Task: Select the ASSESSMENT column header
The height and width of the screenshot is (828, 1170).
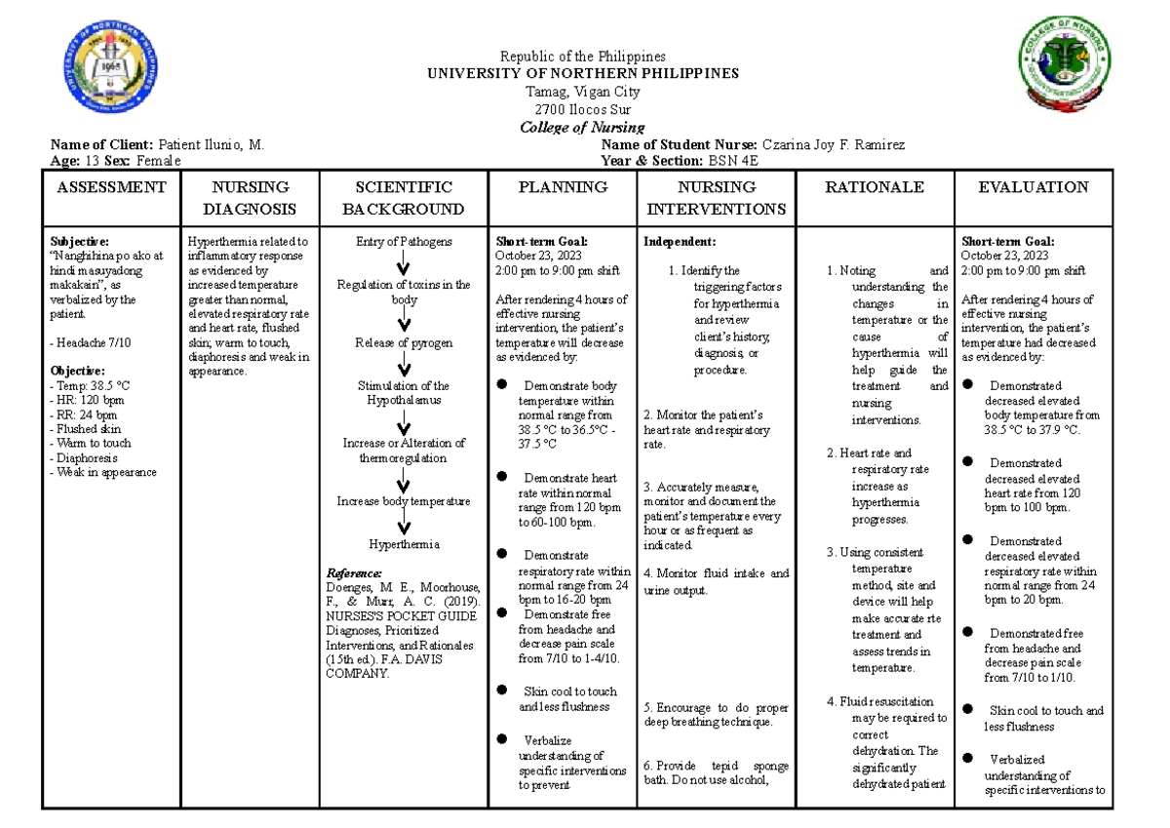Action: pos(108,187)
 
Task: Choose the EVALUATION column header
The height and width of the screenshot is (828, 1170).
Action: pos(1034,187)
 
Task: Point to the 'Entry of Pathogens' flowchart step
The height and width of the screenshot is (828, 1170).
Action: pos(404,242)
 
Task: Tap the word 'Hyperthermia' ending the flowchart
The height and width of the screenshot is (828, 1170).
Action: pos(404,544)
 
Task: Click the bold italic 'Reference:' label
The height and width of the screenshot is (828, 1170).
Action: pos(355,573)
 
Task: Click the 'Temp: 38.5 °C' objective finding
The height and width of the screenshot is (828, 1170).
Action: pos(89,385)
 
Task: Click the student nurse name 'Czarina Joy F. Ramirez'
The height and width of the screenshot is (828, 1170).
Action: pos(834,145)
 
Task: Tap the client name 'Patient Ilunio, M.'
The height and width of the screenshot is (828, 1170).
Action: pos(211,145)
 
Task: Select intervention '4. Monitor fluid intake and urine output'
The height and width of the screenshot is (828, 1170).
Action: pos(716,581)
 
